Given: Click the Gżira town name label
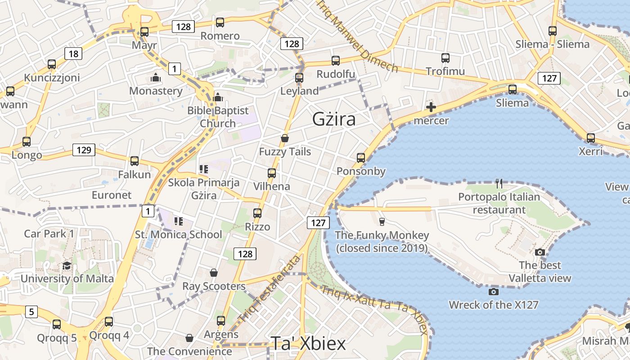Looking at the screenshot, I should [334, 119].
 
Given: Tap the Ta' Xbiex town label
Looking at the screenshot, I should [308, 344].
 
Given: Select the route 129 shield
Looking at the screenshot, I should [84, 150].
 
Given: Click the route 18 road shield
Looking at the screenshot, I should [73, 54].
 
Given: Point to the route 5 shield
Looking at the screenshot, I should [31, 311].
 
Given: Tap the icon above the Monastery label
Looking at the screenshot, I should [156, 78].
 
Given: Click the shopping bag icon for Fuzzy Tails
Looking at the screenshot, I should [284, 138].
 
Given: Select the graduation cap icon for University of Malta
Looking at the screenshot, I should [67, 265].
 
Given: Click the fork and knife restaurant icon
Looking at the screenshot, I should [499, 183].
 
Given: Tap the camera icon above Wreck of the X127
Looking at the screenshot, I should [494, 292].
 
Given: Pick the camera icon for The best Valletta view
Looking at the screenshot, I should [540, 252].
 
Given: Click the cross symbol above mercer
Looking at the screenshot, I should [431, 107].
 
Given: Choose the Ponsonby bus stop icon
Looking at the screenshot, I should [361, 158].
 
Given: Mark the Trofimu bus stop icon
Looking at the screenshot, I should [445, 58].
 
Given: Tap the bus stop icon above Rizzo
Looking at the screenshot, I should [257, 213].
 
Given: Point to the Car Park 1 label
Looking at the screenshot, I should [49, 234].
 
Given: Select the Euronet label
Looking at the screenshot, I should [112, 195].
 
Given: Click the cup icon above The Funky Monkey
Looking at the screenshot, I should [382, 221].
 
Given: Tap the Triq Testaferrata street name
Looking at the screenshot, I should [270, 288].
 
